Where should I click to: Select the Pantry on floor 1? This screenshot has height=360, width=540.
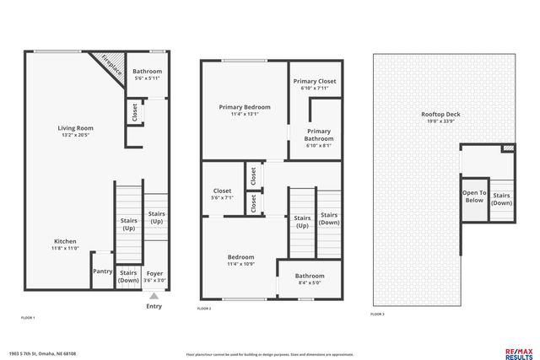[102, 271]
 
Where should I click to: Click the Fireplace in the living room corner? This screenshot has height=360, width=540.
[111, 65]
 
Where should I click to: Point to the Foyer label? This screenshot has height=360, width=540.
[154, 273]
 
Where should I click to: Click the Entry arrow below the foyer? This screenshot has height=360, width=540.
[154, 297]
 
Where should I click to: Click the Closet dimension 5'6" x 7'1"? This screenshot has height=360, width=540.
[222, 197]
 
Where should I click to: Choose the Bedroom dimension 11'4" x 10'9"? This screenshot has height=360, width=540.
[240, 264]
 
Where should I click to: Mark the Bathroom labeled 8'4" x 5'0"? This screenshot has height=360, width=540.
[310, 283]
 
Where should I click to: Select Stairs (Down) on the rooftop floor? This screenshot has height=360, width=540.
[501, 199]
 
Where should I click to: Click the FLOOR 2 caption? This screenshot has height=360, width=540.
[204, 309]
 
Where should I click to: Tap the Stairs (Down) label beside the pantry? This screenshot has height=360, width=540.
[128, 276]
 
